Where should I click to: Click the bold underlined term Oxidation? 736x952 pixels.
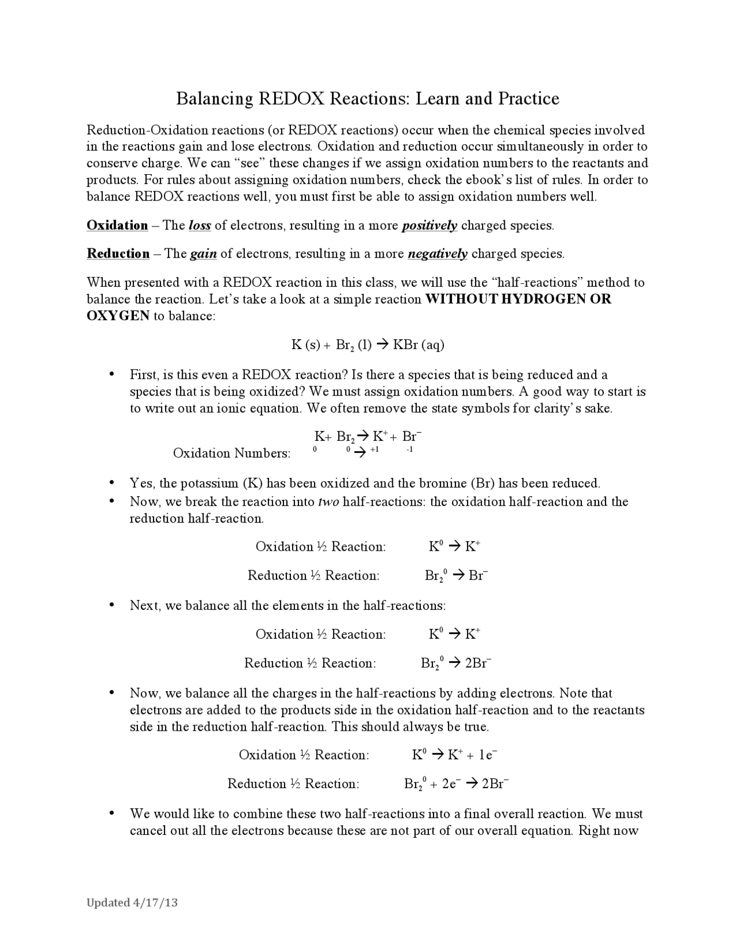pos(117,225)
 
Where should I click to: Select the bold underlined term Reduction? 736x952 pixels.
pos(118,254)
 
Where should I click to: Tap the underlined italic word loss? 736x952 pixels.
pos(200,225)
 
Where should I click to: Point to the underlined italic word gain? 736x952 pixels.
pos(203,254)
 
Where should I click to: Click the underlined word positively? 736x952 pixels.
pos(429,225)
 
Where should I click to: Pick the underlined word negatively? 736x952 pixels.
pos(437,254)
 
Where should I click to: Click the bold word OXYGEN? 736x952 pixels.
pos(118,316)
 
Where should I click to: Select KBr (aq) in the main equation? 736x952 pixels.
pos(419,345)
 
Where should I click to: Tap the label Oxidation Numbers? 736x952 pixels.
pos(232,454)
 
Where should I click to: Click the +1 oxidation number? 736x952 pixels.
pos(374,450)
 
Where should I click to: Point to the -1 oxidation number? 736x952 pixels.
pos(409,450)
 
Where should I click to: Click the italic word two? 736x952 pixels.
pos(328,502)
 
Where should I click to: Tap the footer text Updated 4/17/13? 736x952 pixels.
pos(132,903)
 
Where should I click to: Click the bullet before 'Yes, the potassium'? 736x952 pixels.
pos(113,483)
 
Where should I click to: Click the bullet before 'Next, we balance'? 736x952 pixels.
pos(113,605)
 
